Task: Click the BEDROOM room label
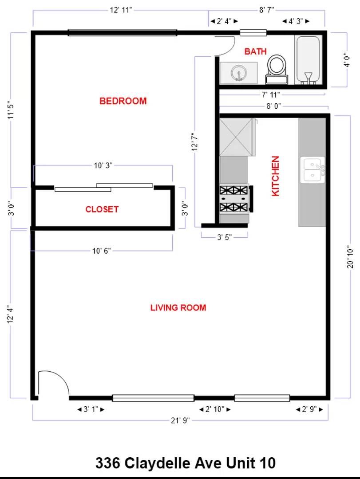[123, 101]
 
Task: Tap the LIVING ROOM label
[178, 307]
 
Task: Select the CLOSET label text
[102, 209]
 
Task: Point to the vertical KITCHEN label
[275, 176]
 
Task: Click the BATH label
[256, 51]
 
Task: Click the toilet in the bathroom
[277, 69]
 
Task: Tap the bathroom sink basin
[239, 73]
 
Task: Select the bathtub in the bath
[308, 60]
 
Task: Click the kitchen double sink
[313, 169]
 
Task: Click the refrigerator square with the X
[237, 137]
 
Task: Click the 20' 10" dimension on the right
[351, 257]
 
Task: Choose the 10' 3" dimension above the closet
[103, 165]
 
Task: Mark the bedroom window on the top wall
[122, 32]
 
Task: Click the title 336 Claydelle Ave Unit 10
[185, 463]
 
